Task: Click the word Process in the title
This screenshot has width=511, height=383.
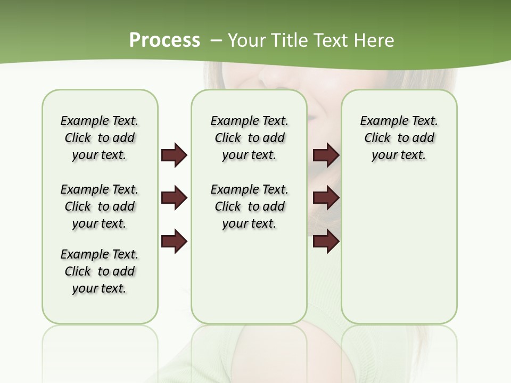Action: [x=164, y=40]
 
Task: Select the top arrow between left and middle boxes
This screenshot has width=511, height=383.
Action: [x=174, y=155]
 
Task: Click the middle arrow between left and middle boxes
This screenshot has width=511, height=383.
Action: [x=174, y=198]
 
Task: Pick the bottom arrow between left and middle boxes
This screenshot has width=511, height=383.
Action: [x=174, y=242]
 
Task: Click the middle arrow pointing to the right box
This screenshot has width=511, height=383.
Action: [x=326, y=198]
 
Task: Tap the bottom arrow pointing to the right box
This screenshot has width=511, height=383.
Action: [x=326, y=242]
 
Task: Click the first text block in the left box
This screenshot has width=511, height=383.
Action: [x=100, y=138]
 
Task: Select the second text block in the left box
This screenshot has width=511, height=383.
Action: [x=100, y=206]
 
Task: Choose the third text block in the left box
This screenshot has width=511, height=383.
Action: [x=100, y=271]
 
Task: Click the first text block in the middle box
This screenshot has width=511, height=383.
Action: [x=249, y=138]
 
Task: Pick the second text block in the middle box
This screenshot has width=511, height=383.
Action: [x=249, y=206]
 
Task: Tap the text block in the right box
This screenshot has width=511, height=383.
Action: [x=399, y=138]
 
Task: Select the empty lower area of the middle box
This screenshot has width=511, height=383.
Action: [x=249, y=277]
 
